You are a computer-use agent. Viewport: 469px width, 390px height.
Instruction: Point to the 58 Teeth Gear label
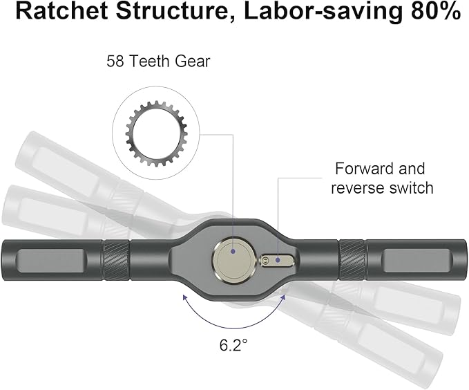coord(158,62)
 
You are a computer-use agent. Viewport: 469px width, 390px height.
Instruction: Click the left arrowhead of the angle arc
coord(184,297)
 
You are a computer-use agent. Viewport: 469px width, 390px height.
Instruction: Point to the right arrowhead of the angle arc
coord(283,297)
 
